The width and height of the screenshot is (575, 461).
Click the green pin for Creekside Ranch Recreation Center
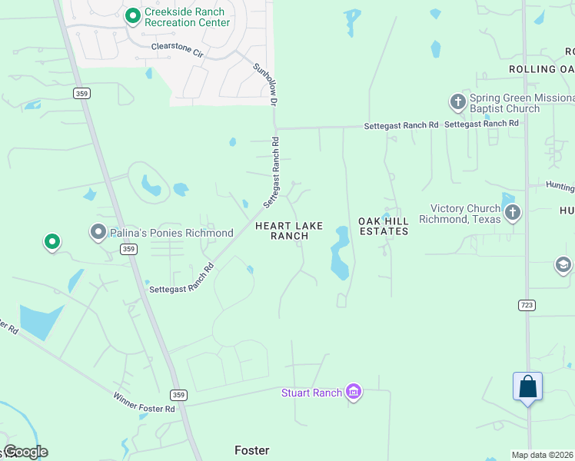pos(133,15)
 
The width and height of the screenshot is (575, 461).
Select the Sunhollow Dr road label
pos(264,84)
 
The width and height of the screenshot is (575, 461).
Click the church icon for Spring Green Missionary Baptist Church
pos(457,102)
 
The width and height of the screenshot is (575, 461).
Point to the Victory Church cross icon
pos(513,212)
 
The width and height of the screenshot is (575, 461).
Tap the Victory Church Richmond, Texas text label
pos(464,214)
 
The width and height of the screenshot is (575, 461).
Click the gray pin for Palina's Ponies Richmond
pos(98,231)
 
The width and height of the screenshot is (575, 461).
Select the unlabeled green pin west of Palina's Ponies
pos(52,242)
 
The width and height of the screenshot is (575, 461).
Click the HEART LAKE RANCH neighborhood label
pos(289,230)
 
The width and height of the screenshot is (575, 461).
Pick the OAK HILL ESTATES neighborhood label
pos(383,226)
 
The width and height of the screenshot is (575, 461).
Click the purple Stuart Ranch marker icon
pos(354,393)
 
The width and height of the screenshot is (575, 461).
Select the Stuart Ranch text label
pos(311,393)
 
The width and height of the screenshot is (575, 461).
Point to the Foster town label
pos(253,450)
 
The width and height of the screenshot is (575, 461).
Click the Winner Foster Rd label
pos(144,402)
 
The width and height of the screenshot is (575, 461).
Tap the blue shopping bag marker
pos(527,386)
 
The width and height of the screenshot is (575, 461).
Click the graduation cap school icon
pos(563,265)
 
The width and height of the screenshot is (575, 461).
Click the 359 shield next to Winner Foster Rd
pos(178,395)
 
